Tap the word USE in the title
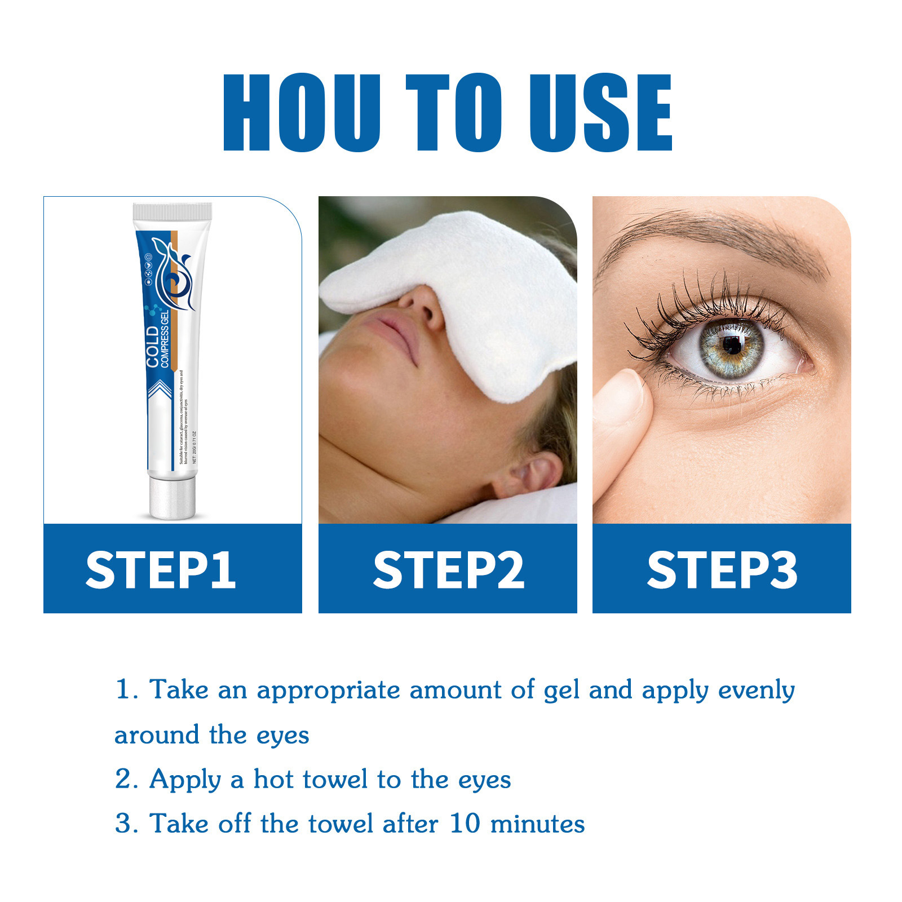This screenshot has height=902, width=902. [600, 113]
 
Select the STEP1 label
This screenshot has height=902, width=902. [161, 570]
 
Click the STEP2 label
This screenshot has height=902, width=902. [449, 570]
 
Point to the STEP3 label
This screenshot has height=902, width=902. [722, 570]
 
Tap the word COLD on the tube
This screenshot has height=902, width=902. [152, 346]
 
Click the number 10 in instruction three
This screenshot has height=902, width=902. [465, 824]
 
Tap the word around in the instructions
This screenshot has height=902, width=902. [157, 735]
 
